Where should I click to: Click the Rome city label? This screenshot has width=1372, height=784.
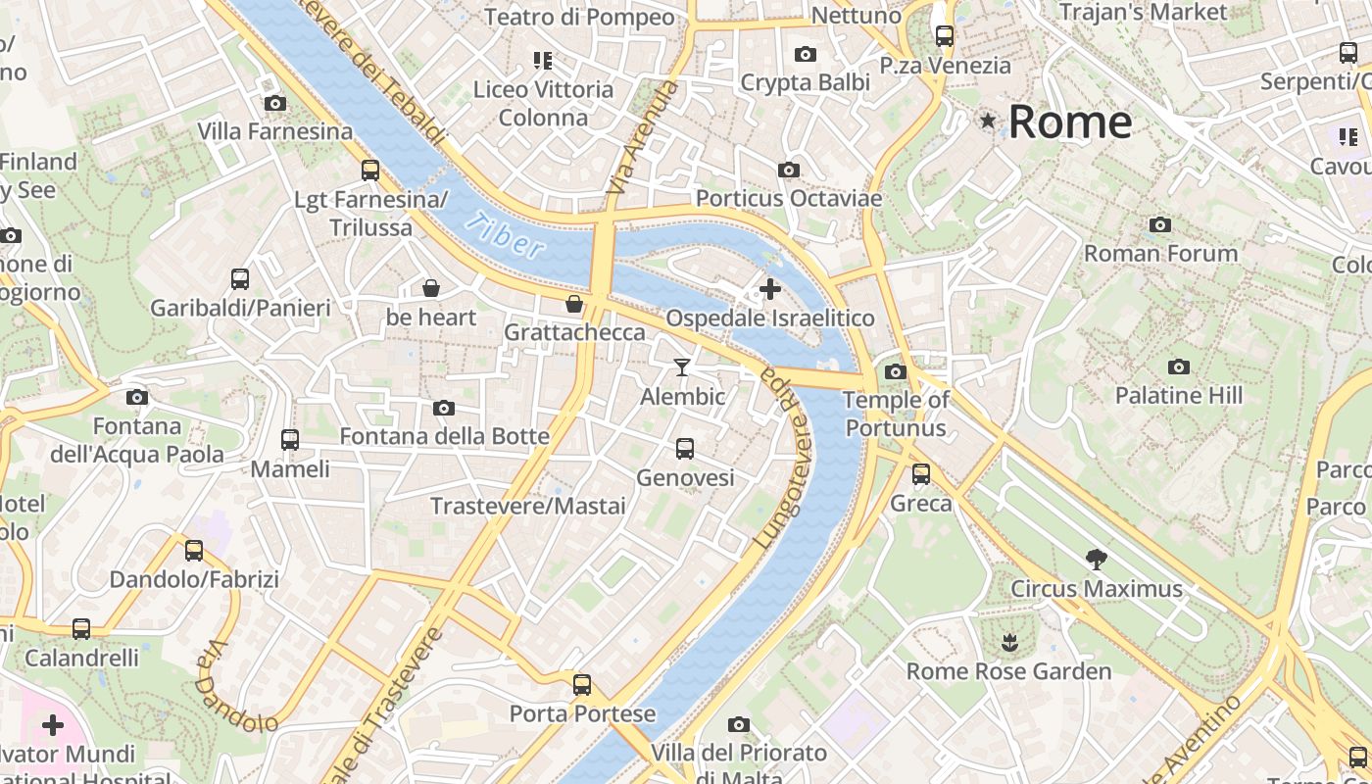(x=1070, y=122)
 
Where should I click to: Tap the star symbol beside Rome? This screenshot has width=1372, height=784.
(x=988, y=122)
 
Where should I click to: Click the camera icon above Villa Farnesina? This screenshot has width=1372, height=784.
(x=275, y=103)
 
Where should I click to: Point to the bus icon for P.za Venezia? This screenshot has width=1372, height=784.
(x=945, y=36)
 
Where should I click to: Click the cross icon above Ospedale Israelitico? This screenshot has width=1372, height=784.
(x=770, y=289)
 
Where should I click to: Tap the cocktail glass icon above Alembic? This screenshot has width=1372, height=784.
(x=682, y=367)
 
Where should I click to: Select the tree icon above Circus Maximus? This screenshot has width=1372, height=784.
(x=1097, y=560)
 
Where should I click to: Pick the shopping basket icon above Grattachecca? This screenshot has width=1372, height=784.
(x=574, y=304)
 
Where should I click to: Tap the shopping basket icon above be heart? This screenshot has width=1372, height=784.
(x=430, y=288)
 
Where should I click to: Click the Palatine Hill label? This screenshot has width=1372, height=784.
(x=1179, y=396)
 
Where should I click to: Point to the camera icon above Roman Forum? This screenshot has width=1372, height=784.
(x=1160, y=225)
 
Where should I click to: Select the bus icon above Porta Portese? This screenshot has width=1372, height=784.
(x=582, y=684)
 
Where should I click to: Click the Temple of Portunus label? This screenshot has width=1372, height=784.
(x=896, y=414)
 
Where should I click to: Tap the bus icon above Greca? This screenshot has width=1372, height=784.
(x=921, y=474)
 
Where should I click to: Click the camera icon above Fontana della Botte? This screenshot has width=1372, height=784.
(x=444, y=408)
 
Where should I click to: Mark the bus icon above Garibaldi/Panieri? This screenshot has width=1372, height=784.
(x=240, y=279)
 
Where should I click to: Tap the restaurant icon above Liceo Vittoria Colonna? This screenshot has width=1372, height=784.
(x=543, y=61)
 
